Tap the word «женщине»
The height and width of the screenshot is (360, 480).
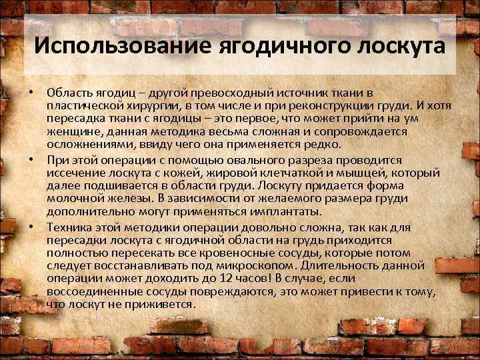(x=73, y=132)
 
